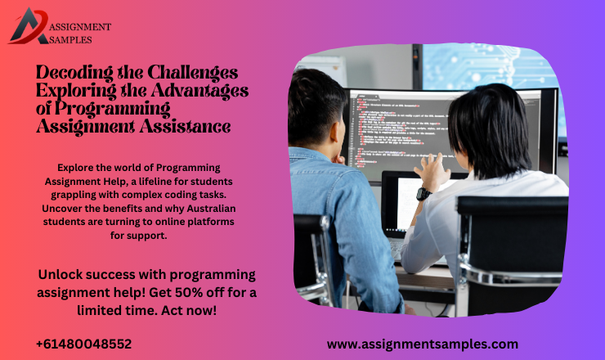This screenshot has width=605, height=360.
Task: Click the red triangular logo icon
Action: tap(28, 25)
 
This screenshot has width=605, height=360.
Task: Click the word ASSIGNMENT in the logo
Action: tap(80, 27)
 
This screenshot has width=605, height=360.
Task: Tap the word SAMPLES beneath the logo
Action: tap(71, 38)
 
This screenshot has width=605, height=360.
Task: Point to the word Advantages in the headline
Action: tap(199, 91)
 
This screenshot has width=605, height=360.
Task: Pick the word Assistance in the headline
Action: tap(182, 126)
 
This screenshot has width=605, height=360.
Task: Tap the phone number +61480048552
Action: tap(83, 344)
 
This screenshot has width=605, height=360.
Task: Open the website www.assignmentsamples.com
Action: tap(422, 344)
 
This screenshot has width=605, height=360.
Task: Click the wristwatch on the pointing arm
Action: tap(423, 194)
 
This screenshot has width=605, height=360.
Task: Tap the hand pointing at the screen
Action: tap(430, 169)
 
